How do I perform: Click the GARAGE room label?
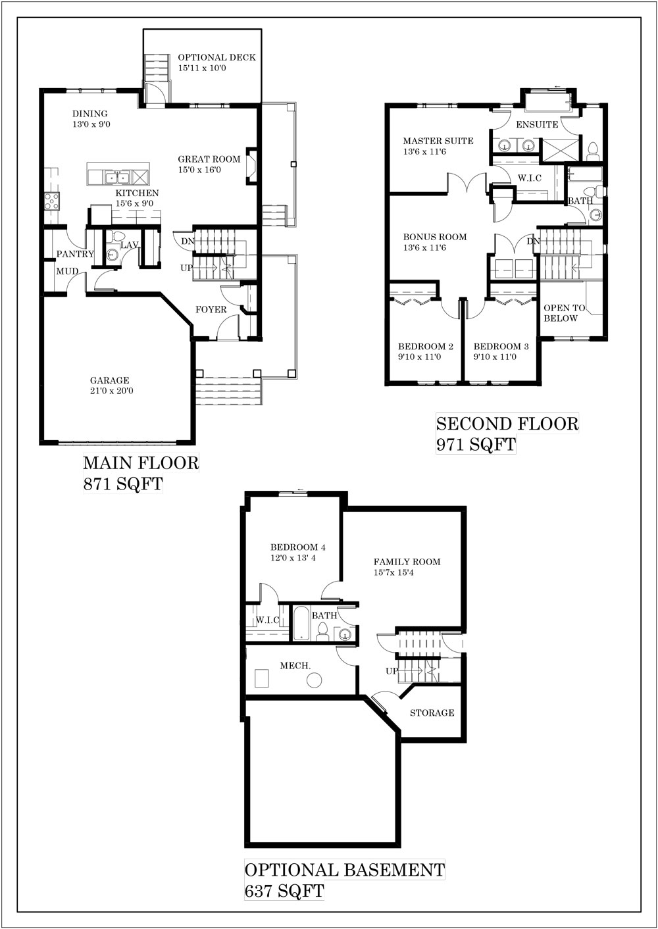(x=109, y=380)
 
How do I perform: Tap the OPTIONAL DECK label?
(x=217, y=57)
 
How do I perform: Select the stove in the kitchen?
(x=52, y=201)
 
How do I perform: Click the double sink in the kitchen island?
(x=118, y=178)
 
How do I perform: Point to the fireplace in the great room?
(x=251, y=166)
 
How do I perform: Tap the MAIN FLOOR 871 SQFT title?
(x=141, y=473)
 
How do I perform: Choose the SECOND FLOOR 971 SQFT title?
(x=507, y=434)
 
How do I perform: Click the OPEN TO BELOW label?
(x=565, y=313)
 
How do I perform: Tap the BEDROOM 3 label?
(x=501, y=346)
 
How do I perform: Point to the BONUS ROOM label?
(x=435, y=237)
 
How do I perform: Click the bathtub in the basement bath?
(x=301, y=623)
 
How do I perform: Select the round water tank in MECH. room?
(x=315, y=680)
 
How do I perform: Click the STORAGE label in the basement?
(x=432, y=713)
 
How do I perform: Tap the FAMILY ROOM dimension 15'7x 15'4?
(x=393, y=573)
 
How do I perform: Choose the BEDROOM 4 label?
(x=298, y=547)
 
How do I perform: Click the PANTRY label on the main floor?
(x=75, y=254)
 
